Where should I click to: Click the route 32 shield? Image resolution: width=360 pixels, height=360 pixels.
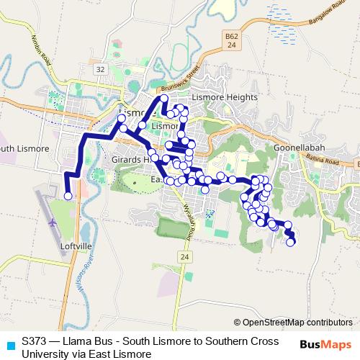(100, 69)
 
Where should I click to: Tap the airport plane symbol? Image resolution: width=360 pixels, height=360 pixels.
(53, 222)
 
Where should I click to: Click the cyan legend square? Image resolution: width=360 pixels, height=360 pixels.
(9, 343)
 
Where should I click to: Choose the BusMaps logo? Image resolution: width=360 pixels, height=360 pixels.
(325, 344)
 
